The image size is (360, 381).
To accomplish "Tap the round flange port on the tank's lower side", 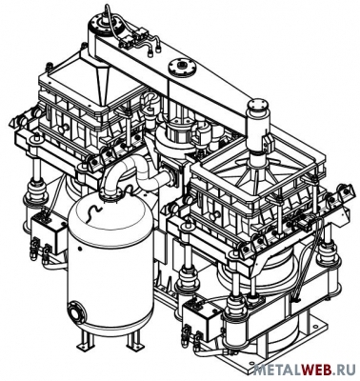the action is pos(76,312).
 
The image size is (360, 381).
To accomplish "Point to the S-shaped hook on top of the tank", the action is pos(91,211).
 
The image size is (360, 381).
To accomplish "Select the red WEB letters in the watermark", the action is pos(315,370).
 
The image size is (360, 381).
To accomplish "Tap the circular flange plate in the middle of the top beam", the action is pos(183,67).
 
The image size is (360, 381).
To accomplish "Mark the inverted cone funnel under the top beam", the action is pos(103,83).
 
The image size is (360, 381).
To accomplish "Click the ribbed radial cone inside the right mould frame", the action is pos(254,178).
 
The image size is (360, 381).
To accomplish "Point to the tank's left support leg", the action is pos(86,341).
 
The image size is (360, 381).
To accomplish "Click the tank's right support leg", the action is pos(134,340).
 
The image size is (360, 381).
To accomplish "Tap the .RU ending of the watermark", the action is pos(344,370).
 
